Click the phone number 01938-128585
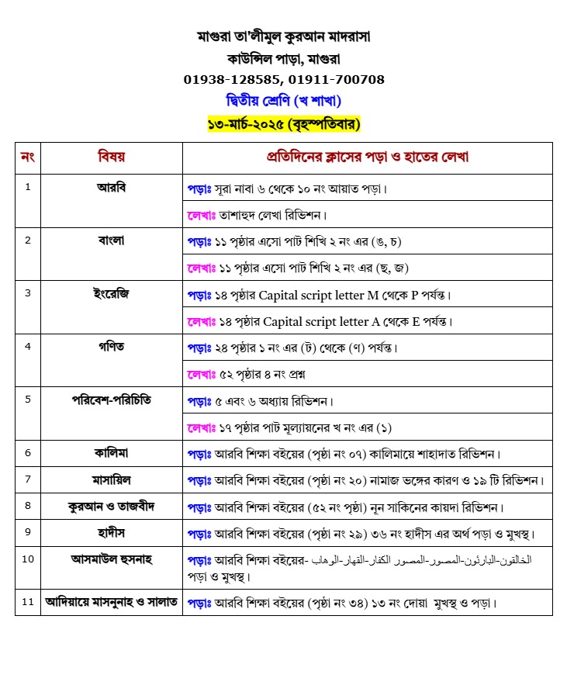(233, 79)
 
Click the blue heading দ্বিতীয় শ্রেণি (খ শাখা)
(283, 101)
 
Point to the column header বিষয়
(111, 157)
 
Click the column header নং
(28, 157)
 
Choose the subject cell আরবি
(111, 187)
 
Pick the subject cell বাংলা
(111, 240)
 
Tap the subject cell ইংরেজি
(111, 293)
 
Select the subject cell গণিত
(111, 346)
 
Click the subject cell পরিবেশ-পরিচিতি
(111, 400)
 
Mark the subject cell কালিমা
(111, 452)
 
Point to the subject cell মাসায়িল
(111, 479)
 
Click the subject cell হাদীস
(111, 532)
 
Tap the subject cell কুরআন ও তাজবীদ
(111, 506)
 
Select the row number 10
(28, 559)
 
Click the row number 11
(28, 601)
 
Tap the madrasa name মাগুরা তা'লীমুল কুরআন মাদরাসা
(283, 36)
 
